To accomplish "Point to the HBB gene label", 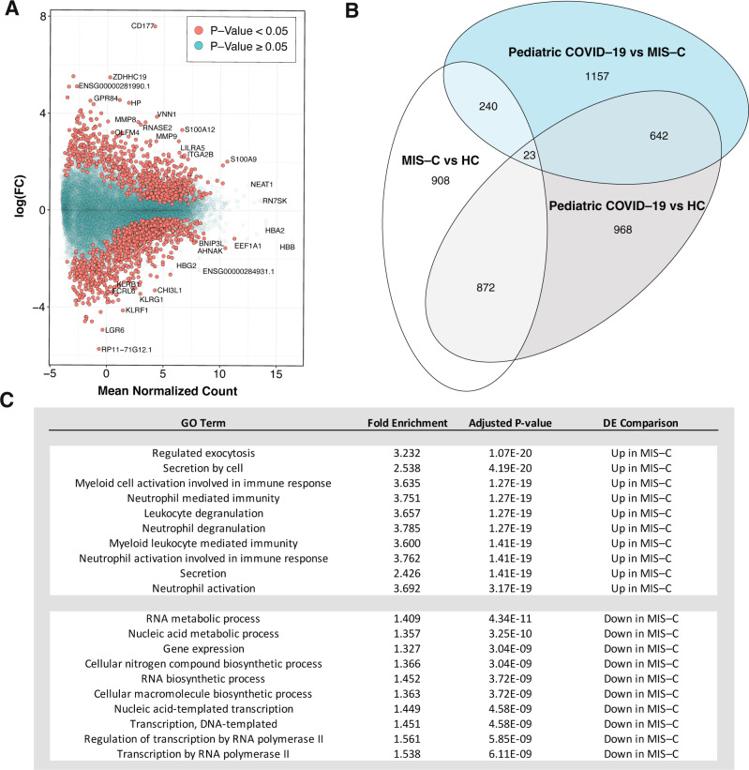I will point(287,247).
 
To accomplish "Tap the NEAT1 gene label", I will point(262,184).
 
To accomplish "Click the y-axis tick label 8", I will point(42,17).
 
